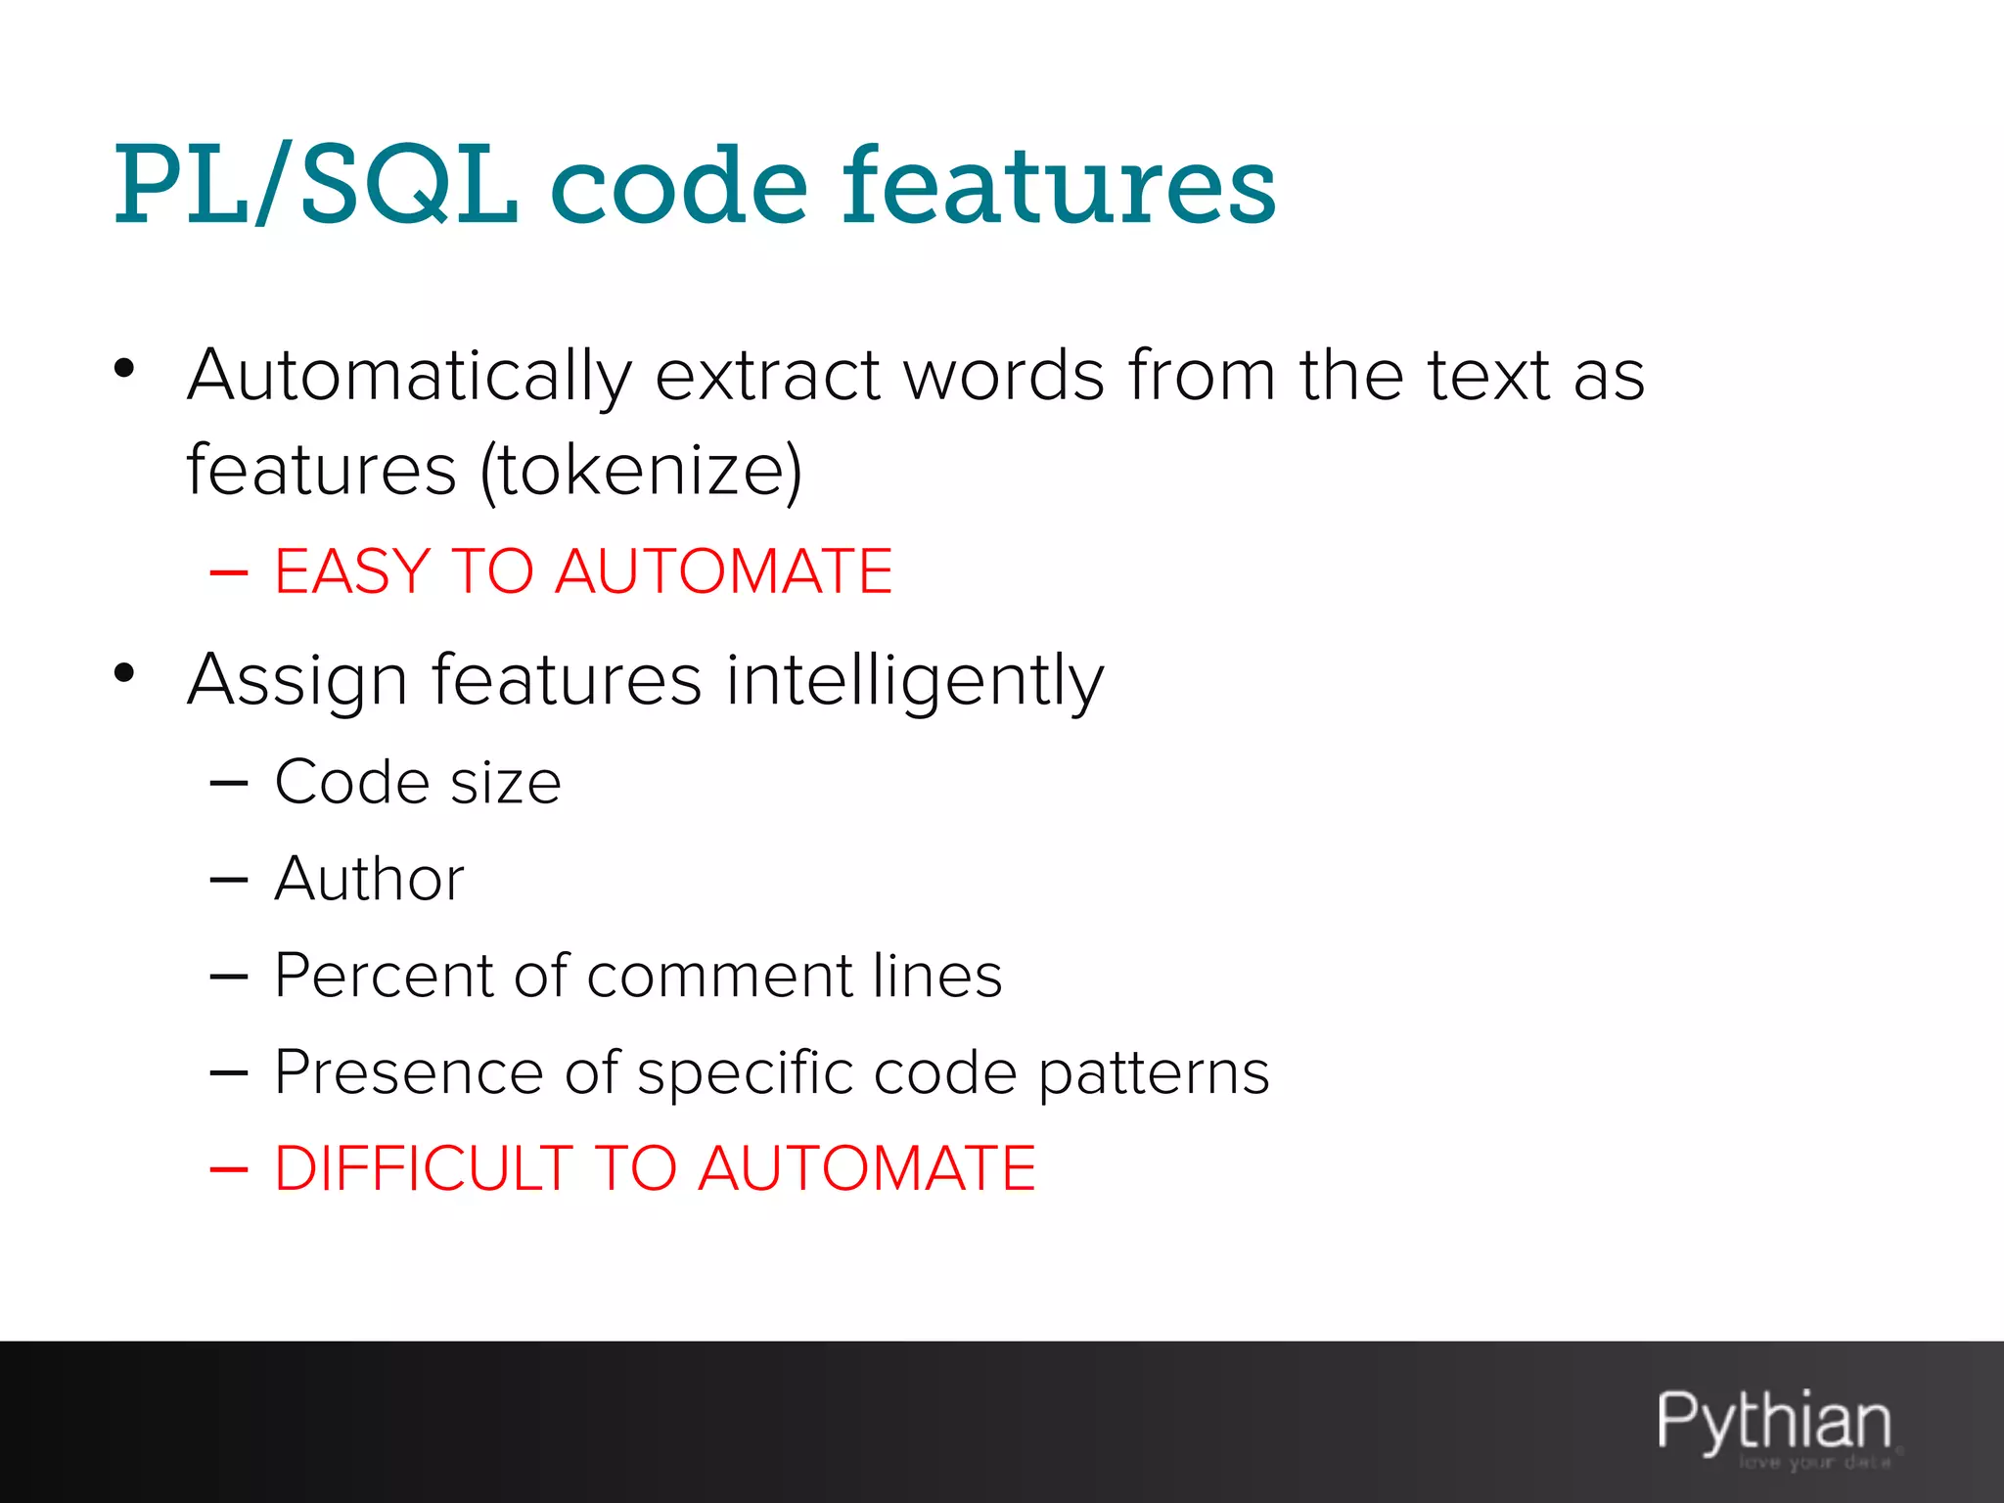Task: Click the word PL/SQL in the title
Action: tap(315, 186)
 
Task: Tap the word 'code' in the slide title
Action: tap(679, 186)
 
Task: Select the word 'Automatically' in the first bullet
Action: tap(410, 377)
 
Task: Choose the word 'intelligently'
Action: tap(915, 681)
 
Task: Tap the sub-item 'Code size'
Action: tap(418, 783)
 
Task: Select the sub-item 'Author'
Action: tap(369, 879)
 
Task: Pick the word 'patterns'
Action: tap(1154, 1072)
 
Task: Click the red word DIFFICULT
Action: tap(423, 1168)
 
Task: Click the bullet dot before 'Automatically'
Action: tap(123, 369)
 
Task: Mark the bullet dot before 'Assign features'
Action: tap(123, 673)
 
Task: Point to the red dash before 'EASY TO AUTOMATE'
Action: tap(228, 571)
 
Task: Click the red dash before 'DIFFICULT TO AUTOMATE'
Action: tap(228, 1169)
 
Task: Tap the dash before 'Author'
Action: tap(228, 880)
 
